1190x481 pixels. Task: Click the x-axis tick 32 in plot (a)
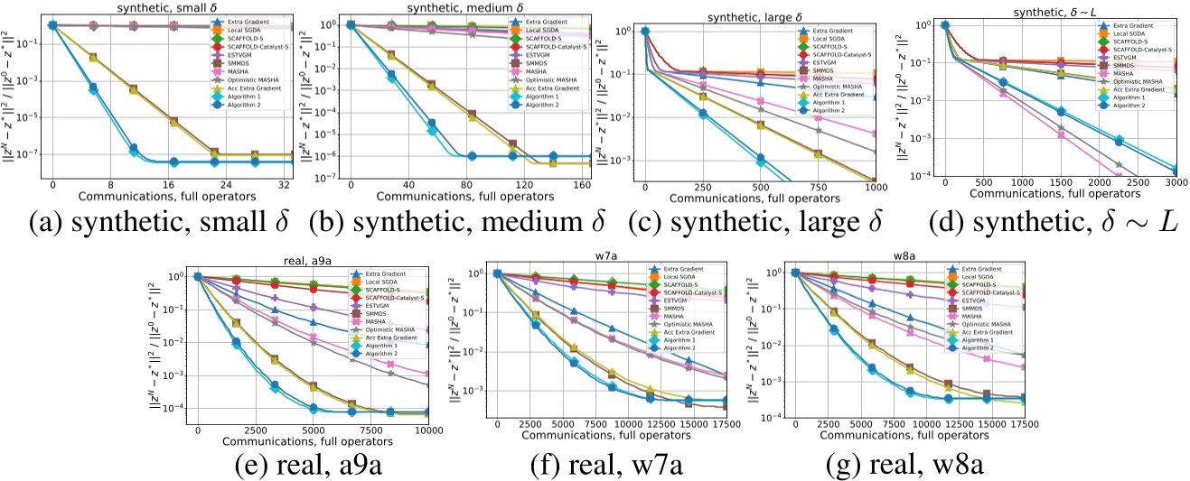tap(285, 186)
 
